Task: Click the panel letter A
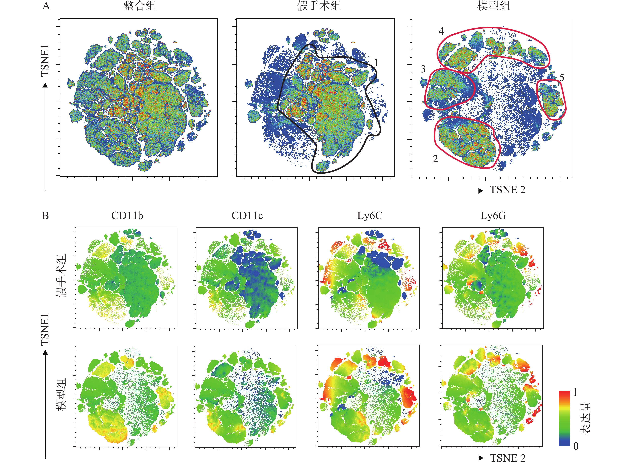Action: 46,6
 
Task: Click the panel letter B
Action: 45,216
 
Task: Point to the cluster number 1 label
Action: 376,63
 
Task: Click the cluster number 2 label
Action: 435,159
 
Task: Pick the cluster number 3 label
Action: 423,69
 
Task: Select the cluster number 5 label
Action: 562,77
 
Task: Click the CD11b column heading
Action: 127,216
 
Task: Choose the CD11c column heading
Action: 247,216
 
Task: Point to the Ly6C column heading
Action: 370,216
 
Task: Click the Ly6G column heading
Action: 493,216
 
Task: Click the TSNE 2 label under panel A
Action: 508,190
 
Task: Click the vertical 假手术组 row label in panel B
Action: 61,276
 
